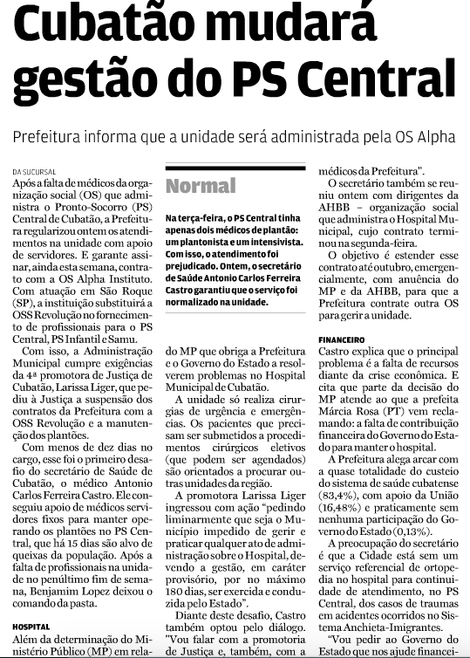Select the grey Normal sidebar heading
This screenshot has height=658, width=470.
pyautogui.click(x=201, y=185)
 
